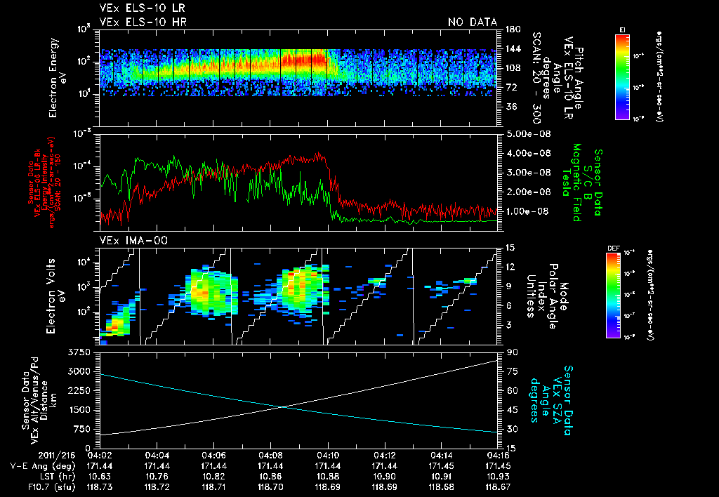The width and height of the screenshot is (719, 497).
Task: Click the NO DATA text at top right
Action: pyautogui.click(x=473, y=22)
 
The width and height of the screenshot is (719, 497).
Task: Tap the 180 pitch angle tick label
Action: pyautogui.click(x=511, y=29)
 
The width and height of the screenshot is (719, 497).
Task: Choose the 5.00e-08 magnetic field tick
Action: pyautogui.click(x=526, y=133)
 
